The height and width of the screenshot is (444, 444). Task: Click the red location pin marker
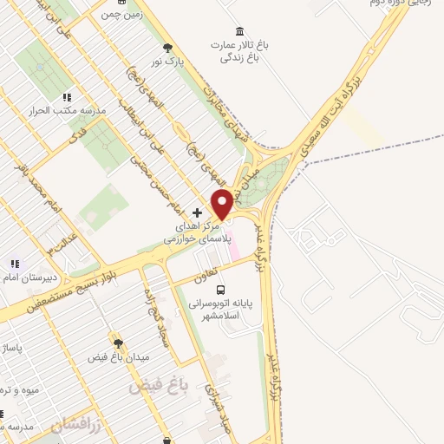point(222,204)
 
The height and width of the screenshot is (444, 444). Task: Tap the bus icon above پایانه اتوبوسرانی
point(220,289)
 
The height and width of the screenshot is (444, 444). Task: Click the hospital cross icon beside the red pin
point(198,212)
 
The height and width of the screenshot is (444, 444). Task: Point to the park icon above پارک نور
point(167,49)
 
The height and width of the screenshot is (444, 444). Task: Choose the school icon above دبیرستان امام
point(14,263)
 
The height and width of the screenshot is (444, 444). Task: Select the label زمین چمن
point(121,14)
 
